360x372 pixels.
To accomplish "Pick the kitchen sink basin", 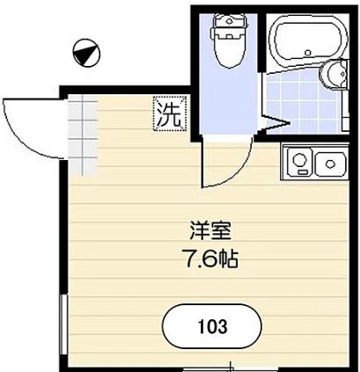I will pos(330,163).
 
